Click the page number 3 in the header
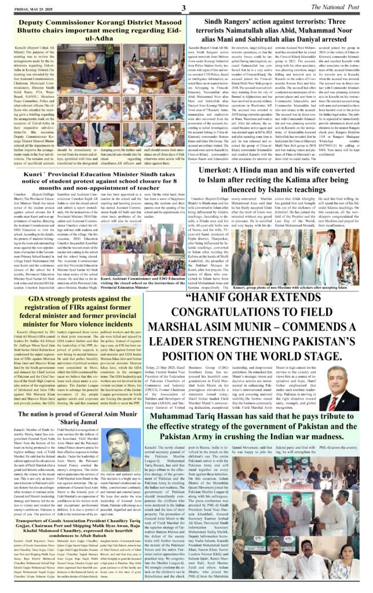(183, 7)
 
